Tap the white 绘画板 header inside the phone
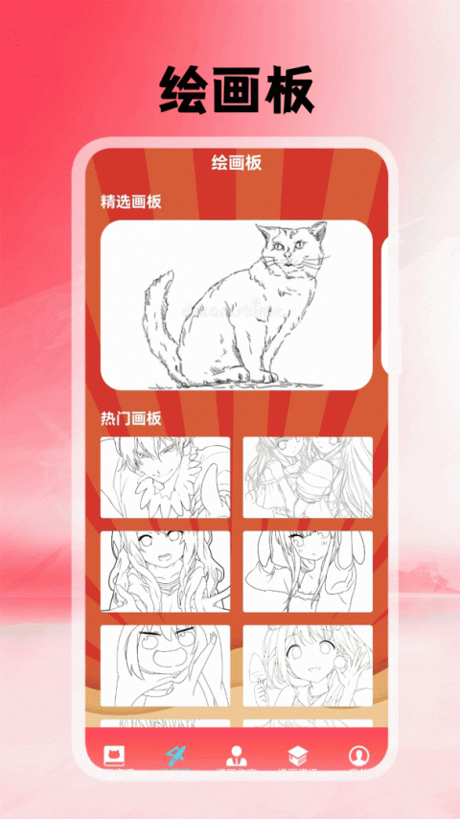pos(236,163)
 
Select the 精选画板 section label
pos(131,201)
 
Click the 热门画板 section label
pos(131,418)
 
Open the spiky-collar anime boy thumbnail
pos(165,478)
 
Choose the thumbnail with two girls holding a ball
pos(308,478)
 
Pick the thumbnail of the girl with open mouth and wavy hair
pos(165,572)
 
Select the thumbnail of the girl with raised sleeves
pos(308,572)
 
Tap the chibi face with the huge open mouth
pos(165,666)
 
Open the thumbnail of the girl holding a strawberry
pos(308,666)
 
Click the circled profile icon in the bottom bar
pos(358,754)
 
